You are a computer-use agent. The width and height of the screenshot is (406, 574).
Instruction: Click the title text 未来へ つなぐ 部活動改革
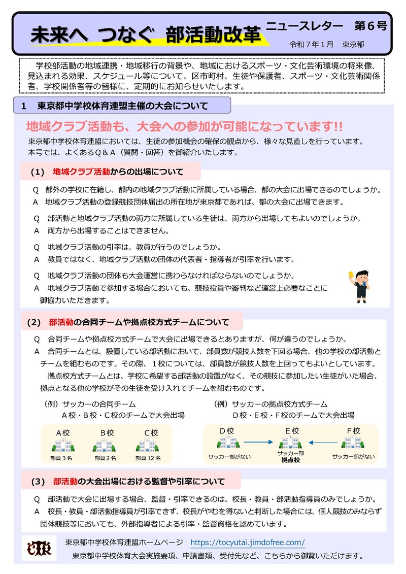(x=146, y=35)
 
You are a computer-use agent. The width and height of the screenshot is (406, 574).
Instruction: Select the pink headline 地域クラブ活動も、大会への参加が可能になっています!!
(x=184, y=126)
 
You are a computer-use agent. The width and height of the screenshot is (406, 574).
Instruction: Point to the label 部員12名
(x=148, y=458)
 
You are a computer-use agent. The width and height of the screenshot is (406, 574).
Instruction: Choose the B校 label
(x=107, y=433)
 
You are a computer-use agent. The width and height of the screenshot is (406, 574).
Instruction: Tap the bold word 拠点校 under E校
(x=291, y=460)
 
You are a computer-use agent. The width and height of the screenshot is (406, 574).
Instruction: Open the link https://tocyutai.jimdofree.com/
(x=247, y=542)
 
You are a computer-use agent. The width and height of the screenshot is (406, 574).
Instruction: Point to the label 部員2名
(x=105, y=458)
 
